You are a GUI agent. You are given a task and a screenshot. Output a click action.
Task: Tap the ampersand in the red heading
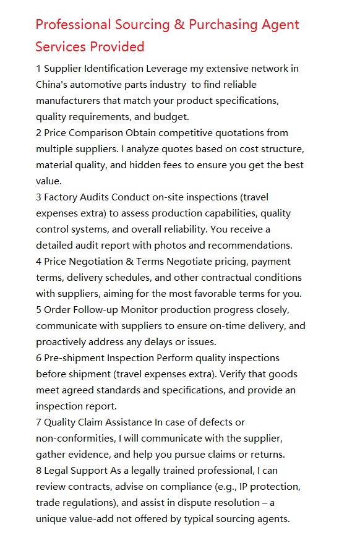click(x=178, y=25)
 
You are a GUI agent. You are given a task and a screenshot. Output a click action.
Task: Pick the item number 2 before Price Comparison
click(x=38, y=132)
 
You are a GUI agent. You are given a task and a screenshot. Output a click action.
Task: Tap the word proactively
click(x=63, y=341)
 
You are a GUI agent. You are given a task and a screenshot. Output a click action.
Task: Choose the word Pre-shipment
click(x=74, y=357)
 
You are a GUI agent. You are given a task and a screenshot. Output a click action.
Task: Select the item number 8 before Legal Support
click(x=38, y=470)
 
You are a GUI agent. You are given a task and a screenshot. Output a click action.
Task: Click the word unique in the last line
click(x=51, y=518)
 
